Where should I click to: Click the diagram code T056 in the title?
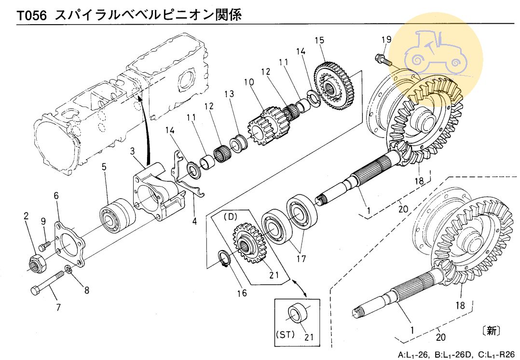click(32, 15)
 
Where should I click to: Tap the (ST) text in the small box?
click(284, 333)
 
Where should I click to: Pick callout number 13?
click(229, 94)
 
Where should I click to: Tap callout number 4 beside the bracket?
click(195, 222)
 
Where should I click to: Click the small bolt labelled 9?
click(44, 245)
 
